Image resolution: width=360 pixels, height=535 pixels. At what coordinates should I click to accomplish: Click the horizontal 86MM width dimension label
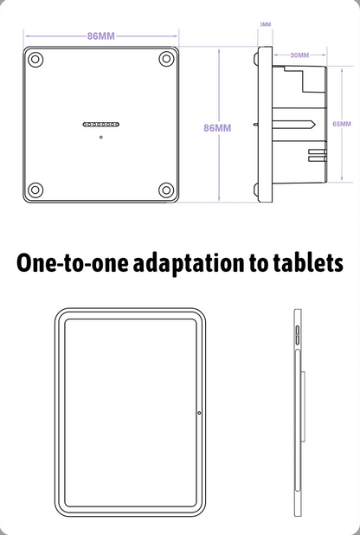[x=101, y=36]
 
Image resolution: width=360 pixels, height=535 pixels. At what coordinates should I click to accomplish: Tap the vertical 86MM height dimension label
[x=217, y=128]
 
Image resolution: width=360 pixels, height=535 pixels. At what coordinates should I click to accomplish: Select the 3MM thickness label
[x=265, y=24]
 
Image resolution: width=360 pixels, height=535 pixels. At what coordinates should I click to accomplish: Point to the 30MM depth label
[x=299, y=55]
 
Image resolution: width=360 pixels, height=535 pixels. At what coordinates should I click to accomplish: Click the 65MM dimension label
[x=342, y=124]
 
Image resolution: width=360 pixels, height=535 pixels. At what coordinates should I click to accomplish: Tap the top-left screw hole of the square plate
[x=35, y=60]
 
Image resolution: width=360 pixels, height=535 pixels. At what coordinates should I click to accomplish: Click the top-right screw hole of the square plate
[x=166, y=59]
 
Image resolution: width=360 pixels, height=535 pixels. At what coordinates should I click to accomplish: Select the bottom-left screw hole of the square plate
[x=35, y=190]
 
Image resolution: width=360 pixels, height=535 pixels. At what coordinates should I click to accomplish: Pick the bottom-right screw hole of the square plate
[x=166, y=190]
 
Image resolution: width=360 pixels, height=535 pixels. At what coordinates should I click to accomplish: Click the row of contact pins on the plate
[x=101, y=125]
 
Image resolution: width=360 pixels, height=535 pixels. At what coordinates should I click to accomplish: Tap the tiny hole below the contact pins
[x=101, y=137]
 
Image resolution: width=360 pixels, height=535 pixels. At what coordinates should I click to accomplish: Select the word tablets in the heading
[x=308, y=262]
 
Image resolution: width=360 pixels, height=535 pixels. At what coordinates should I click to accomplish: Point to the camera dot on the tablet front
[x=199, y=413]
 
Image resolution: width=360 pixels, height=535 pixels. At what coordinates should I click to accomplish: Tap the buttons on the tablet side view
[x=297, y=335]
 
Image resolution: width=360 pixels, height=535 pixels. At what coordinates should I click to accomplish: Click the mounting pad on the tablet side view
[x=303, y=407]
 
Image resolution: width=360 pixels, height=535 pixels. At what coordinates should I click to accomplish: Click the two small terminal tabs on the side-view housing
[x=318, y=155]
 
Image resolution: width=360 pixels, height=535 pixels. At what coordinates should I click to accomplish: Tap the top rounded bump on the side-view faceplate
[x=255, y=59]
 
